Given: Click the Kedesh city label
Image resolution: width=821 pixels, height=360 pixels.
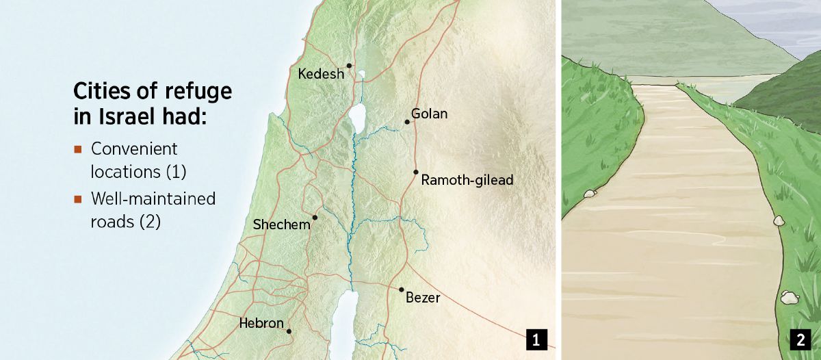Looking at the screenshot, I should pyautogui.click(x=321, y=74).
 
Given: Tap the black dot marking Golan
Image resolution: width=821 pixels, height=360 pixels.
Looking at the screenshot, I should pyautogui.click(x=407, y=122).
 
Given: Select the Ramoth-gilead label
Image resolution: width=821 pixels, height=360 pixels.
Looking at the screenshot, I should pyautogui.click(x=467, y=181).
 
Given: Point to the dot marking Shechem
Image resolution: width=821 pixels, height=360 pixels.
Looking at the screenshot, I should pyautogui.click(x=315, y=218).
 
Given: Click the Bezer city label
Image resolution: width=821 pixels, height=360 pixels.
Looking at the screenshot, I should pyautogui.click(x=423, y=298).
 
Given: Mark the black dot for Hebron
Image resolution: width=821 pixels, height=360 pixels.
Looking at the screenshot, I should pyautogui.click(x=289, y=331).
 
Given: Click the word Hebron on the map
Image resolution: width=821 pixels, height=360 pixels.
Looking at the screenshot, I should pyautogui.click(x=261, y=323).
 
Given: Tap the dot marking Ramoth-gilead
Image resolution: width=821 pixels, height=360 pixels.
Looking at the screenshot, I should pyautogui.click(x=415, y=172).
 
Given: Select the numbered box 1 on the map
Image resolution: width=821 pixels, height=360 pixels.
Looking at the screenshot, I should pyautogui.click(x=536, y=338).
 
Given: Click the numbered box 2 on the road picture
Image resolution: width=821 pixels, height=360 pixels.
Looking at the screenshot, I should pyautogui.click(x=800, y=338).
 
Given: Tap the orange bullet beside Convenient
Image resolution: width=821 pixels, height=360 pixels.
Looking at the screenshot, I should pyautogui.click(x=78, y=149).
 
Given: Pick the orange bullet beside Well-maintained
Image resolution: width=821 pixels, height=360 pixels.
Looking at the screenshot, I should pyautogui.click(x=78, y=199).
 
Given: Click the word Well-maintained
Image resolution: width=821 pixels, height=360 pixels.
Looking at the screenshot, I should pyautogui.click(x=153, y=199).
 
